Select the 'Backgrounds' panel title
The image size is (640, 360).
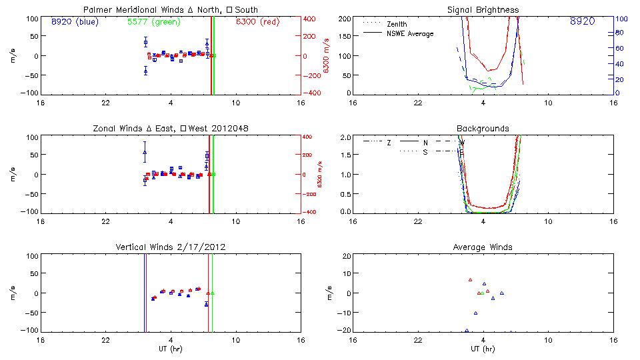(x=482, y=128)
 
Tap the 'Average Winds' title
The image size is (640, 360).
(x=482, y=247)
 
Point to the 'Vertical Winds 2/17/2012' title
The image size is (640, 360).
(x=170, y=247)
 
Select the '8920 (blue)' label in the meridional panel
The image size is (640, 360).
(x=74, y=22)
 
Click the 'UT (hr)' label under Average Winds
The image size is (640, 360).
(x=482, y=349)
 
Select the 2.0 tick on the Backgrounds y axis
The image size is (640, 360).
(x=345, y=137)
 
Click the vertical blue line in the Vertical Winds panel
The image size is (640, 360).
(x=145, y=293)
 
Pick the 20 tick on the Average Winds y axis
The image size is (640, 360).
(x=347, y=256)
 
